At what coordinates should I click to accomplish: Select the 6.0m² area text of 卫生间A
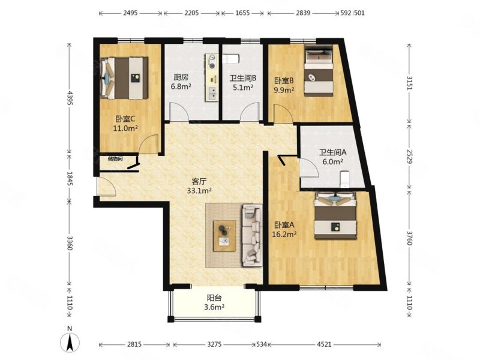[x=332, y=161]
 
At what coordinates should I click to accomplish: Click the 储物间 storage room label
[x=115, y=159]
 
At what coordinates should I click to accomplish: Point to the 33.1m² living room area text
[x=199, y=191]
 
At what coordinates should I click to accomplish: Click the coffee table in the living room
[x=224, y=236]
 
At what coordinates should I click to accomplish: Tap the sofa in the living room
[x=252, y=235]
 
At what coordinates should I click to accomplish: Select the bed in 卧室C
[x=124, y=78]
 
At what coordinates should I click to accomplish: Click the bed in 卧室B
[x=319, y=71]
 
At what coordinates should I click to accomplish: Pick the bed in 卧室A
[x=336, y=215]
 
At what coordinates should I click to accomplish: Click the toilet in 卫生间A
[x=344, y=179]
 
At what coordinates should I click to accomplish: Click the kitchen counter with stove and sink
[x=212, y=77]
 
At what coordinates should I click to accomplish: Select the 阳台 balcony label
[x=214, y=298]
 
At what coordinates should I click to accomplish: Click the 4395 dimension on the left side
[x=70, y=98]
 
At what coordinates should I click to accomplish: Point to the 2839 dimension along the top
[x=303, y=13]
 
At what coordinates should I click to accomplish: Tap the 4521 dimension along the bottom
[x=324, y=344]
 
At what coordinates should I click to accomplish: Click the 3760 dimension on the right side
[x=410, y=238]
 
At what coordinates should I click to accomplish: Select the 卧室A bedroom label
[x=284, y=225]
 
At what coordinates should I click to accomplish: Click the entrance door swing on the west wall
[x=107, y=187]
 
